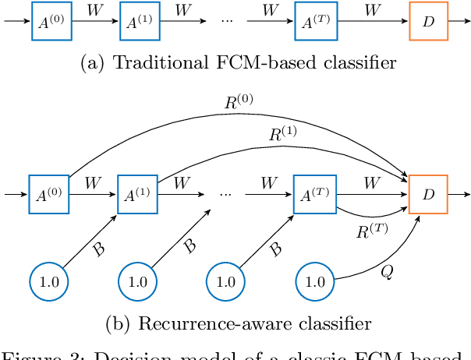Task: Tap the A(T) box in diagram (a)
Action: click(315, 22)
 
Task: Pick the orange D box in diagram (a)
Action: click(428, 22)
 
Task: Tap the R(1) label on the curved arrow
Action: click(282, 134)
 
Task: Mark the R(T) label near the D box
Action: click(370, 230)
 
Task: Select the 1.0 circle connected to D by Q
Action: click(317, 281)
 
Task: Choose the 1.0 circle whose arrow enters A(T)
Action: click(227, 281)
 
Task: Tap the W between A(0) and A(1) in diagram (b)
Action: click(92, 184)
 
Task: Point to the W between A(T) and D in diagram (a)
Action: click(374, 11)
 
